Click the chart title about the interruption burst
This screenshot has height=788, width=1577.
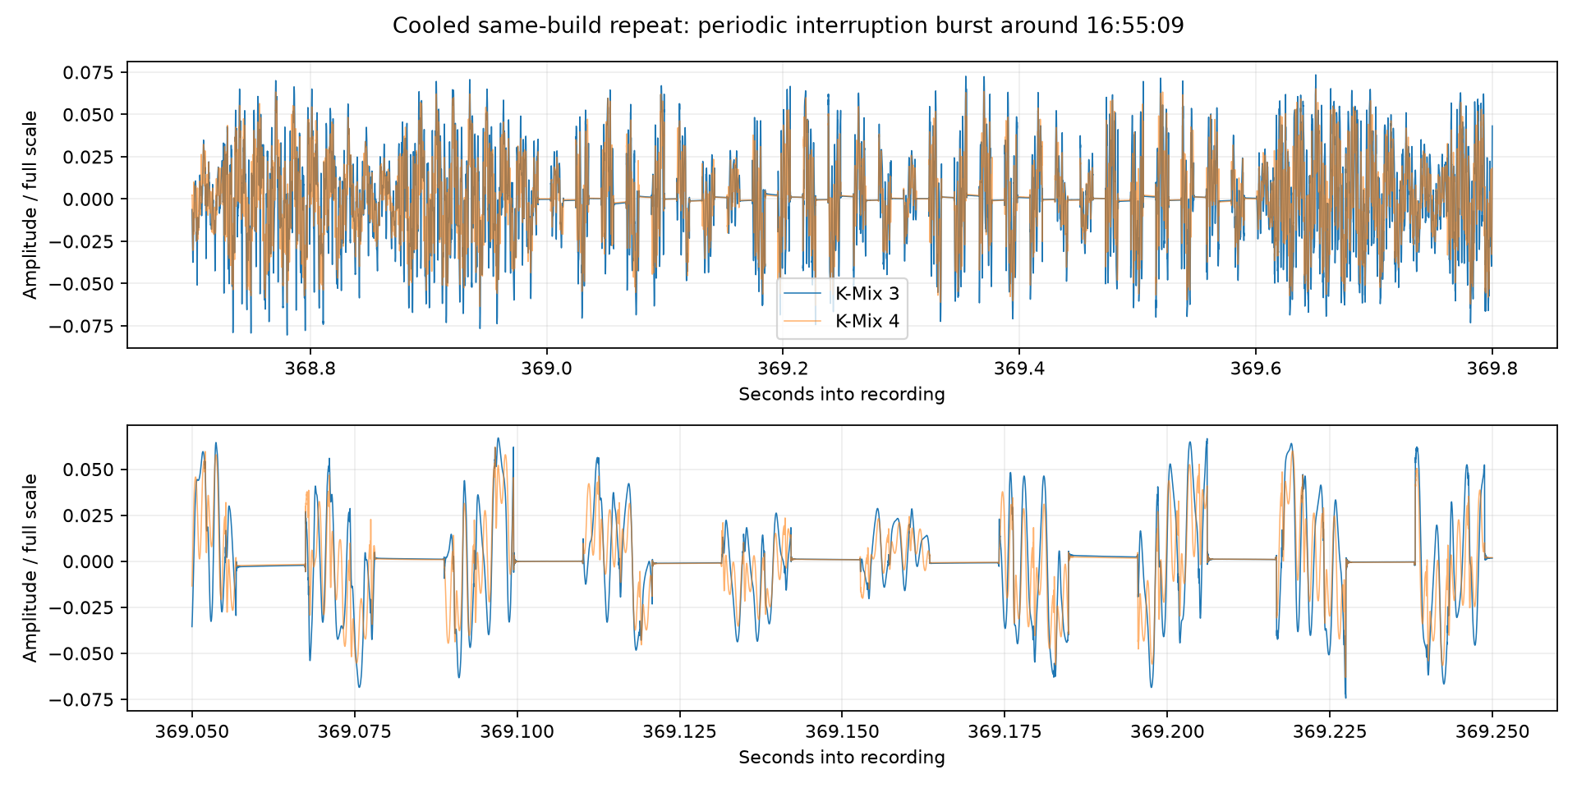(788, 25)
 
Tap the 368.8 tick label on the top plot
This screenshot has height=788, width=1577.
(310, 369)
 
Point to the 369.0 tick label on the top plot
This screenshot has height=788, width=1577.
(547, 369)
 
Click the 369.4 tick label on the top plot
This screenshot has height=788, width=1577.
(1019, 369)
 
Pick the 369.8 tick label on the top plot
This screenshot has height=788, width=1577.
(1492, 369)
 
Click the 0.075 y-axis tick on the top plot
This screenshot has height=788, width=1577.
(91, 72)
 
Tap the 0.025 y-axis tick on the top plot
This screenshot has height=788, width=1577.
(91, 157)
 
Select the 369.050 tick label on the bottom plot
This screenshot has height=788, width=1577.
(192, 732)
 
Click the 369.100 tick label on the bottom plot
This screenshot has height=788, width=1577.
(517, 732)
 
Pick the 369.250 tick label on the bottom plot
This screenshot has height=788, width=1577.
(1492, 732)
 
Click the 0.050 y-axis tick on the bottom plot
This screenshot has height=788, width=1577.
(91, 470)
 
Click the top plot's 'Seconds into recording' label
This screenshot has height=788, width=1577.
(842, 394)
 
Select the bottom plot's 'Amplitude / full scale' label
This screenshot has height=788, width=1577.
(30, 568)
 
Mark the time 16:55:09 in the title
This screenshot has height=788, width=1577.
(1135, 25)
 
